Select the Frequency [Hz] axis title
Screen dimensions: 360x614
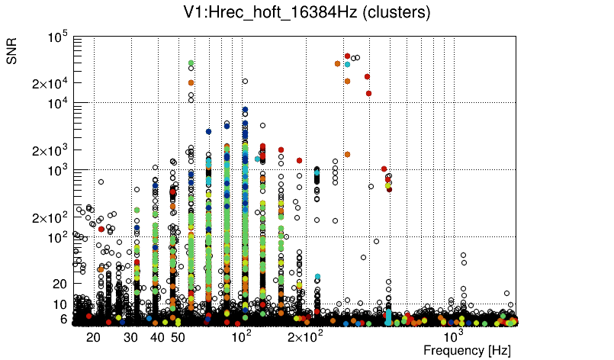pyautogui.click(x=467, y=350)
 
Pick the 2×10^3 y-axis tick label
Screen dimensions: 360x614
pyautogui.click(x=50, y=150)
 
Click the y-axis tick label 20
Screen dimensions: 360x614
pyautogui.click(x=60, y=284)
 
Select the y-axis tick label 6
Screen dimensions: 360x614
pyautogui.click(x=63, y=319)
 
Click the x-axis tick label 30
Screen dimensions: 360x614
pyautogui.click(x=131, y=337)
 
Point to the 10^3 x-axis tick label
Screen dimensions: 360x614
pyautogui.click(x=455, y=336)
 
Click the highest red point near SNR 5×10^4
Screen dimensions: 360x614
pyautogui.click(x=347, y=56)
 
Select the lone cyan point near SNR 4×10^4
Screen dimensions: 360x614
pyautogui.click(x=347, y=65)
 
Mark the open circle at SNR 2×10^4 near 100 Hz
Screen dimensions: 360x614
pyautogui.click(x=245, y=81)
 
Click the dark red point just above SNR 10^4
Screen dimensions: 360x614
pyautogui.click(x=368, y=94)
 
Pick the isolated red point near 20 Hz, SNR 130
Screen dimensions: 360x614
pyautogui.click(x=101, y=229)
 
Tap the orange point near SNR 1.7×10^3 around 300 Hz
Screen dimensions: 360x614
pyautogui.click(x=347, y=154)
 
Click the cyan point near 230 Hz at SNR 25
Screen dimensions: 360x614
pyautogui.click(x=317, y=277)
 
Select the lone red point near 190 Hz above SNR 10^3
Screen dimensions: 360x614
pyautogui.click(x=299, y=160)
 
